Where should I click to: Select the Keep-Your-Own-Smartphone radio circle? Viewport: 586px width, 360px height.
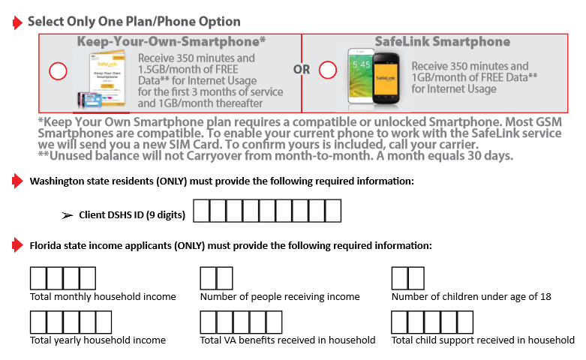click(x=58, y=71)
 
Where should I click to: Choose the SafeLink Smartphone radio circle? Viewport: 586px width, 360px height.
click(x=328, y=70)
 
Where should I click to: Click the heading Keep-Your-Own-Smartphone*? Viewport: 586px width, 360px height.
click(x=172, y=41)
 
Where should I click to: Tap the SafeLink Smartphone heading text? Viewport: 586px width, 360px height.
click(x=442, y=41)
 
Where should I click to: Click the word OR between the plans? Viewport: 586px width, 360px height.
click(x=302, y=70)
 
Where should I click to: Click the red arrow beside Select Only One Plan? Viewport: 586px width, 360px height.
click(x=17, y=22)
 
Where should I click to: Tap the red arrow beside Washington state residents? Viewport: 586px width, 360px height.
click(x=17, y=181)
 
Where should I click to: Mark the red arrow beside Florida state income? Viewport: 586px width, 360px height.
click(x=17, y=245)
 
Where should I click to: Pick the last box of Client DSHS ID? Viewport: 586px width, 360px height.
click(x=332, y=211)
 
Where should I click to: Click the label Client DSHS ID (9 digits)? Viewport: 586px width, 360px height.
click(x=131, y=215)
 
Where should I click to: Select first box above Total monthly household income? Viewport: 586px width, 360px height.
click(x=38, y=278)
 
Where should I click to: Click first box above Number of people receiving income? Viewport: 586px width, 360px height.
click(x=208, y=278)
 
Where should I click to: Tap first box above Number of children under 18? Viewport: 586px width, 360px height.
click(x=400, y=278)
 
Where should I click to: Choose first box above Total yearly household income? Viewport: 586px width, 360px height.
click(x=38, y=322)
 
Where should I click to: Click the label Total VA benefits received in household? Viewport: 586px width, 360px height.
click(x=287, y=340)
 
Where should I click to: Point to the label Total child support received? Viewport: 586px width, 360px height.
click(x=482, y=340)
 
